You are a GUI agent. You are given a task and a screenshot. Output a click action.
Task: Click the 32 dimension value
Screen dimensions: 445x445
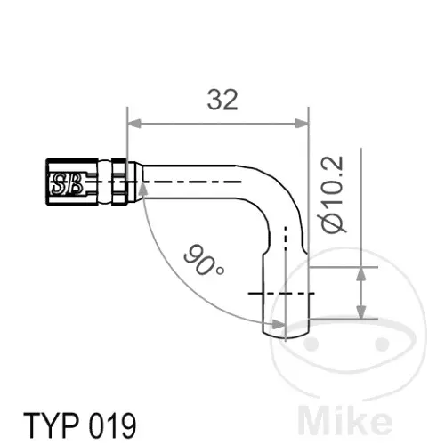222,100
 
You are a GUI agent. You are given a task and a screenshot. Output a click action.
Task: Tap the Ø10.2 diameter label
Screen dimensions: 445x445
333,194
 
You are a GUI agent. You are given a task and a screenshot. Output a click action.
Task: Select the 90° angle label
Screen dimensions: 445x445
204,260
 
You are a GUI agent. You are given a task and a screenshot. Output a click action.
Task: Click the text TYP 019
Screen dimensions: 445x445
80,425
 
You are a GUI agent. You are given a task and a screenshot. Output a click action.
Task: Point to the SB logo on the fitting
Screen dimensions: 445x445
67,184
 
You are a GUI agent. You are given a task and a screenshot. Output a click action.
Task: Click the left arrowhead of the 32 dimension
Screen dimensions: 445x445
133,123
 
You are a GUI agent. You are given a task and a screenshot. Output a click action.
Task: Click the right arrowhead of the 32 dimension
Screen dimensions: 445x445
302,123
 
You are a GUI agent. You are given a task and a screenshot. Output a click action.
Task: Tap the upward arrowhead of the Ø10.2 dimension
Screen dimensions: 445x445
360,273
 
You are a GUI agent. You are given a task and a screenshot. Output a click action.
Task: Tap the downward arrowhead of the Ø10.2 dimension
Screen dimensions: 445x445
360,312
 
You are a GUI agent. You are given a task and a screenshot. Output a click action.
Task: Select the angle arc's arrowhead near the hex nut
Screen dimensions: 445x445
142,189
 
